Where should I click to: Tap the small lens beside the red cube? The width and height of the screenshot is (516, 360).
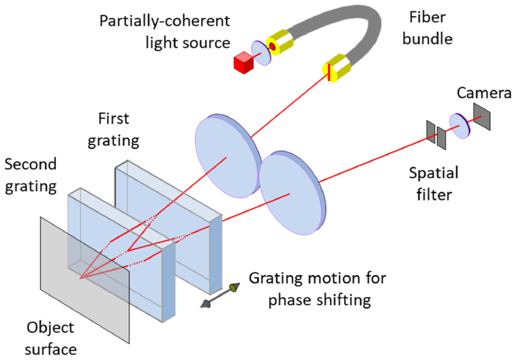[261, 53]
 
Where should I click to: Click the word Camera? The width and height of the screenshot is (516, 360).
[484, 93]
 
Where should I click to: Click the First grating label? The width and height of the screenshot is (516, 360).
[114, 129]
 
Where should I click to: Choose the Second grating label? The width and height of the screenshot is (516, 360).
[30, 175]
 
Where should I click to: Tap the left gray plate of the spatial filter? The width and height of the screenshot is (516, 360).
[430, 131]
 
